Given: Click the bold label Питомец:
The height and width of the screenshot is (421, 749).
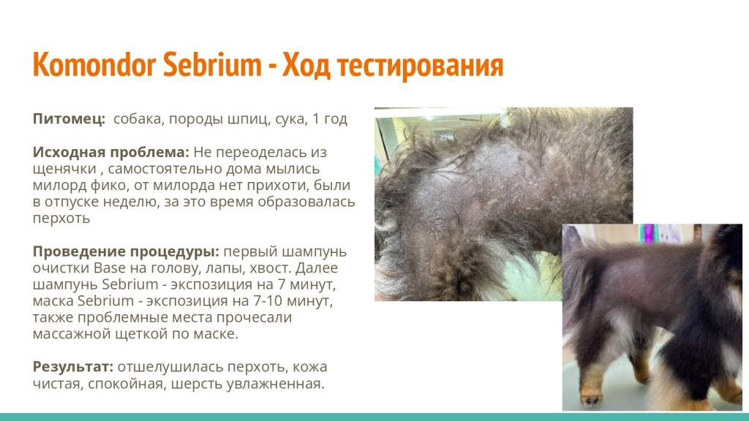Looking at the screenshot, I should coord(69,118).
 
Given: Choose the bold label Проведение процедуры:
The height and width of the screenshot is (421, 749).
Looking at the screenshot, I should coord(127,252).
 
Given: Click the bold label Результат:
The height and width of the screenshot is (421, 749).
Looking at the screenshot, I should coord(73,367).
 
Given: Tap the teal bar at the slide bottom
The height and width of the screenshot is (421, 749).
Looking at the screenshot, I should coord(374,417).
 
